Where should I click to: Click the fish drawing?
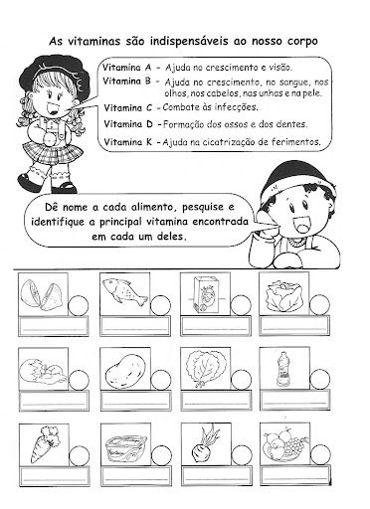pyautogui.click(x=124, y=291)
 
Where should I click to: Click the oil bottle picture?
pyautogui.click(x=282, y=369)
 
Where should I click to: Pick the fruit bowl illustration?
pyautogui.click(x=284, y=444)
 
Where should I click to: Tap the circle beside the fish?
pyautogui.click(x=160, y=305)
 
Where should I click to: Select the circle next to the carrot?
pyautogui.click(x=80, y=456)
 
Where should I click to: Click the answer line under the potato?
pyautogui.click(x=135, y=405)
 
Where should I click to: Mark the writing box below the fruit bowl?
pyautogui.click(x=295, y=475)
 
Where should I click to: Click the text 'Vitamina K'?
pyautogui.click(x=127, y=142)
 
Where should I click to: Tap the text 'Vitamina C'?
pyautogui.click(x=127, y=108)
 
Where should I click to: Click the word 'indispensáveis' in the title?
pyautogui.click(x=189, y=42)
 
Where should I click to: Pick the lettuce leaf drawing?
pyautogui.click(x=206, y=369)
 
